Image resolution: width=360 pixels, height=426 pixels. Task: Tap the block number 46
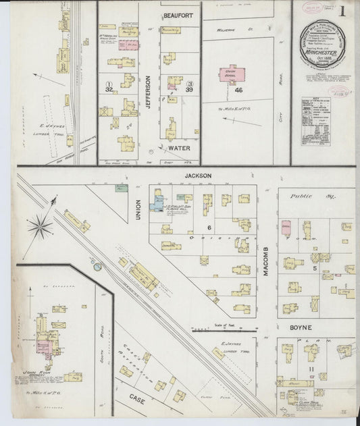[x=238, y=89]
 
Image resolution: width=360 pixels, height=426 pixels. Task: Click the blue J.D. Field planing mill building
[x=157, y=201]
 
